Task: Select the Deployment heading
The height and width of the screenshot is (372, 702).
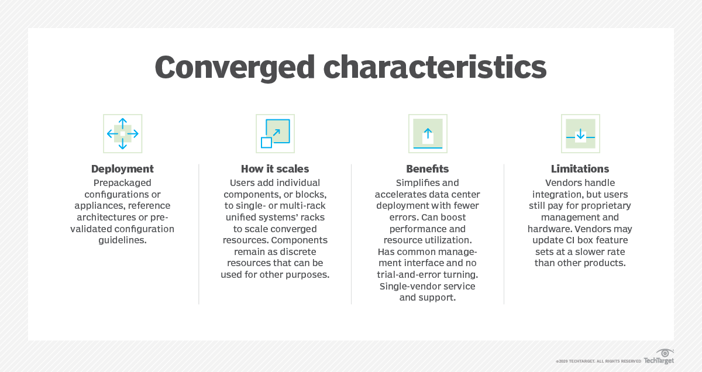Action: coord(122,169)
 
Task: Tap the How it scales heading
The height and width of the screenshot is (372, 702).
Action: coord(275,169)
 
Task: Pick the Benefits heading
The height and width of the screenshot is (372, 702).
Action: coord(428,169)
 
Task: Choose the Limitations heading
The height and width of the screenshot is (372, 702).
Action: coord(580,169)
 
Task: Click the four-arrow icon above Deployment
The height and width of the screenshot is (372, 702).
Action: coord(123,134)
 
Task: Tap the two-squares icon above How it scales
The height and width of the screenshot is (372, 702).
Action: coord(275,134)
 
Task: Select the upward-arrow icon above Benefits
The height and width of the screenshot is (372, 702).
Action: coord(428,134)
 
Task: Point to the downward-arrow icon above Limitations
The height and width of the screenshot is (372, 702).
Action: coord(580,134)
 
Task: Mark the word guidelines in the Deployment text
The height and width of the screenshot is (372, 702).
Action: coord(122,240)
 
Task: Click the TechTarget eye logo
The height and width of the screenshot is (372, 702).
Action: coord(665,353)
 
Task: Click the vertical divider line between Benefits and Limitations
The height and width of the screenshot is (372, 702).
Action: coord(504,234)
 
